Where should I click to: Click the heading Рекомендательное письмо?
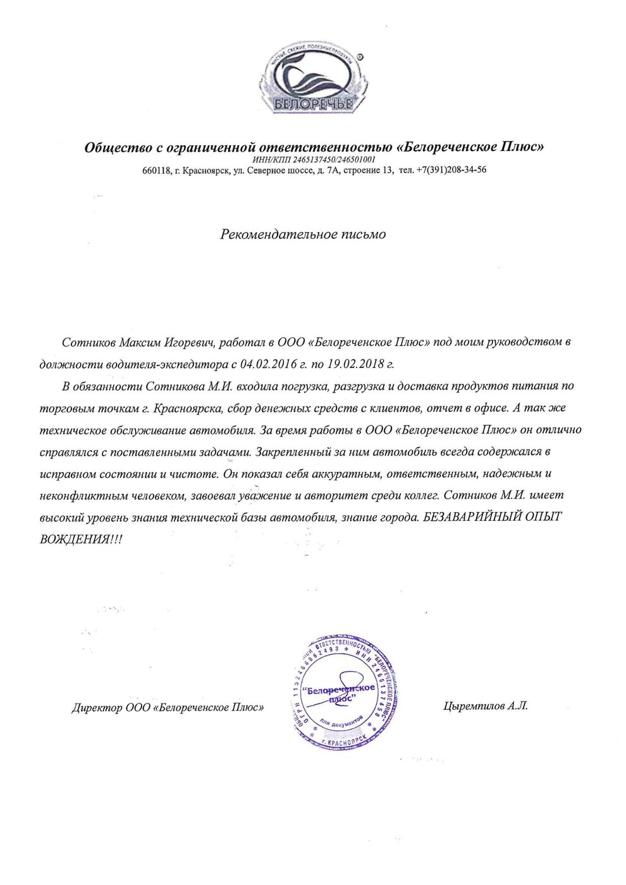coord(303,234)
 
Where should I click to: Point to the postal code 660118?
coord(156,170)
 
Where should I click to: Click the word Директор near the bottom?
coord(97,708)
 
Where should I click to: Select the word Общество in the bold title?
coord(118,147)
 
